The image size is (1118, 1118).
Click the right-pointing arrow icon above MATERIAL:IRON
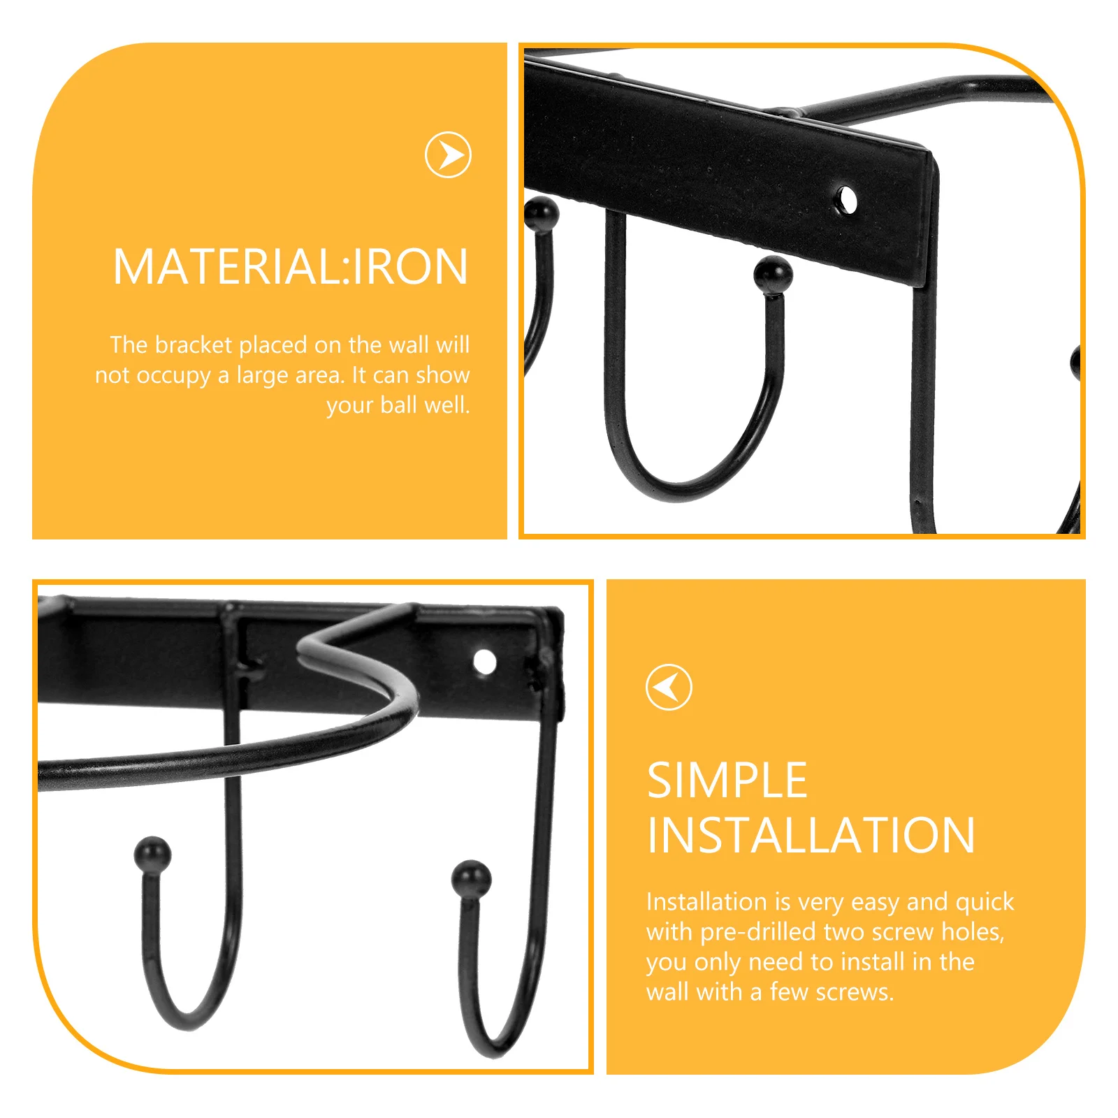448,154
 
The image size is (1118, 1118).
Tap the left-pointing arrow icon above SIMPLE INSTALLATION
669,687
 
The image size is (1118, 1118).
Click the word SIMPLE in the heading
727,781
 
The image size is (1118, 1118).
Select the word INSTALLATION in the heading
811,836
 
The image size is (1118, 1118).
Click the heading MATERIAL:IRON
290,267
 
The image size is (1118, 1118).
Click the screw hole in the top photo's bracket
846,200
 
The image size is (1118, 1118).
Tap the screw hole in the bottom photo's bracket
484,661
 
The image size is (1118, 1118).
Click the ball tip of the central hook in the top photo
773,274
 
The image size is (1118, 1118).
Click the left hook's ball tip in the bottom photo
152,854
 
